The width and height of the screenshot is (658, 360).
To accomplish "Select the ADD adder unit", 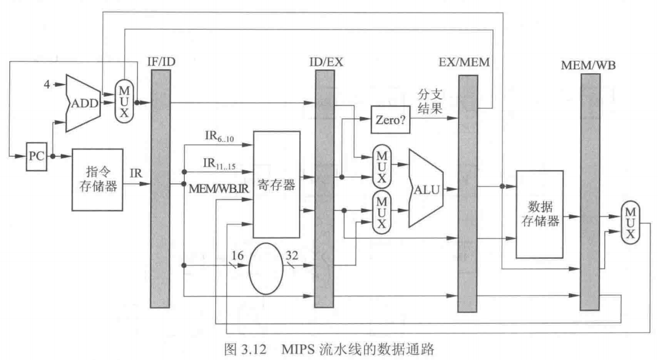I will tap(83, 103).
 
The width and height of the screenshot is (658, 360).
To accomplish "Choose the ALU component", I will tap(427, 188).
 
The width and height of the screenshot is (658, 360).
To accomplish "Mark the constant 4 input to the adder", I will tap(48, 85).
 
